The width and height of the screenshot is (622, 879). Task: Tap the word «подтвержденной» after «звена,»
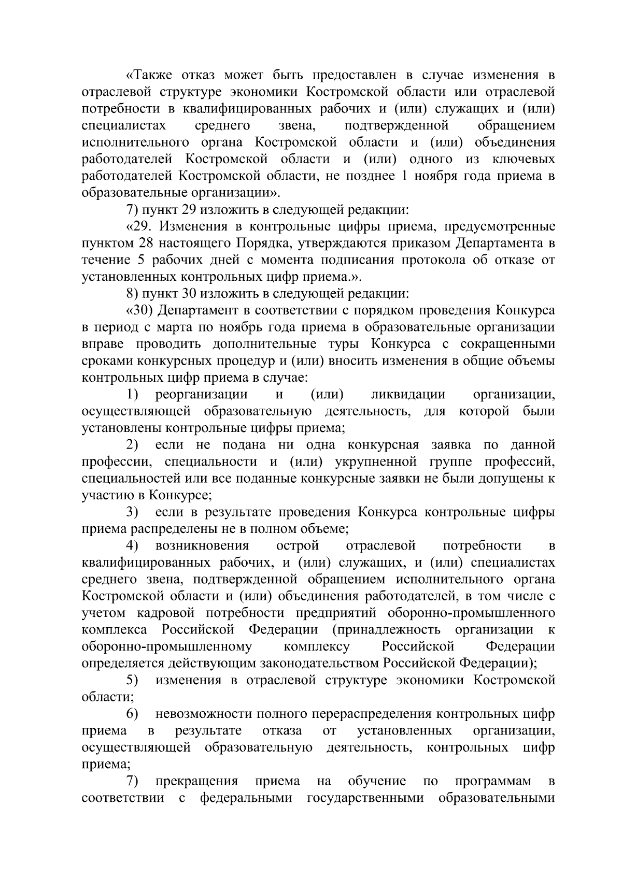point(396,126)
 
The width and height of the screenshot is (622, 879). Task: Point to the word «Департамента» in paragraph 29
point(501,244)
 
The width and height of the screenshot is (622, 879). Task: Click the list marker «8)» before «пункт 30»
point(133,294)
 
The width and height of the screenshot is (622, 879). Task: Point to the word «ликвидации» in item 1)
point(408,395)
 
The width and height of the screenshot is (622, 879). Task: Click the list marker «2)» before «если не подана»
point(133,445)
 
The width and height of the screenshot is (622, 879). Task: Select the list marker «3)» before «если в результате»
point(133,513)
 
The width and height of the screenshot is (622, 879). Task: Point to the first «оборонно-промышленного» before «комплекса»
point(471,613)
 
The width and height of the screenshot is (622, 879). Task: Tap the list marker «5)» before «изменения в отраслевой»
point(133,680)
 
